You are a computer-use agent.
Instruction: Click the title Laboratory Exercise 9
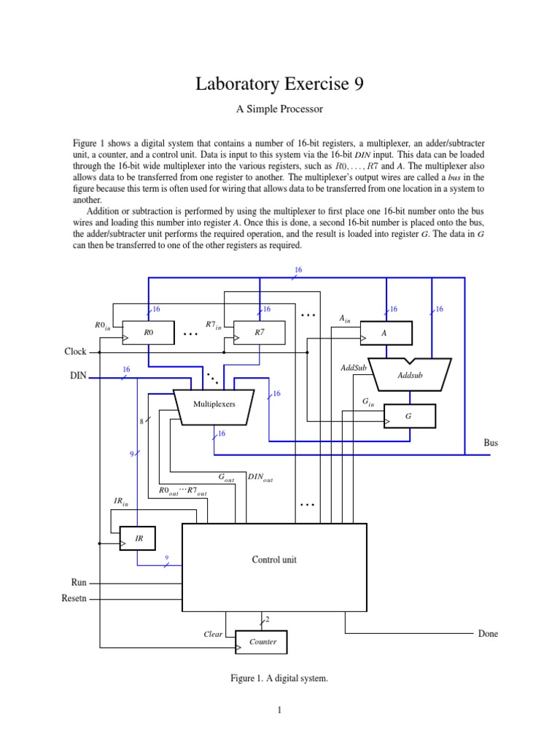tap(279, 85)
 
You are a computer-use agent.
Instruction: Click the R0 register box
tap(148, 333)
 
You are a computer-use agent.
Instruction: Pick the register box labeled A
tap(386, 333)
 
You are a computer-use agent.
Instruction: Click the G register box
tap(409, 416)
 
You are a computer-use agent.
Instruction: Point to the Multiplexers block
tap(214, 404)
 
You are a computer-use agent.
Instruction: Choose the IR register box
tap(138, 538)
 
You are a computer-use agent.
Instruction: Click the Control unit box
tap(274, 560)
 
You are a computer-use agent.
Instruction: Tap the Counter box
tap(262, 642)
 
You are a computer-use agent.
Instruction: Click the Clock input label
tap(74, 352)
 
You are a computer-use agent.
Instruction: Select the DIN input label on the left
tap(76, 379)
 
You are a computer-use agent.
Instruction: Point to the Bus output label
tap(491, 443)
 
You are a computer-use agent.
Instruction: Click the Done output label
tap(488, 633)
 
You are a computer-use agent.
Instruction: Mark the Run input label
tap(78, 583)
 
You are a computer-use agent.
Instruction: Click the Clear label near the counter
tap(213, 635)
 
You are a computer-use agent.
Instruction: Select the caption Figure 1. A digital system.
tap(279, 678)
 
